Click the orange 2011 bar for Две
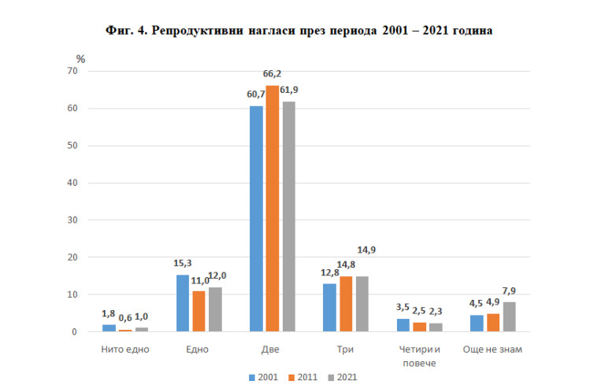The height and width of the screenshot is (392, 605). [272, 209]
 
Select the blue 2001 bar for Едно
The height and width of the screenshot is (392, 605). [183, 303]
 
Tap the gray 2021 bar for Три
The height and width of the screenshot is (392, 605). [362, 304]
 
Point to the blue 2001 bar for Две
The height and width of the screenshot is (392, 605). [257, 219]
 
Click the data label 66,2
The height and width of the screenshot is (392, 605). [273, 74]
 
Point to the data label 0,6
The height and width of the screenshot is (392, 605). [125, 319]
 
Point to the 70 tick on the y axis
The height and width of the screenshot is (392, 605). [72, 71]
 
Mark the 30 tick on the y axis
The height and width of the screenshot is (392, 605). [72, 220]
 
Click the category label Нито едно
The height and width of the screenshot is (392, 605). [125, 348]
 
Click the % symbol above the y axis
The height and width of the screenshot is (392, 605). [80, 58]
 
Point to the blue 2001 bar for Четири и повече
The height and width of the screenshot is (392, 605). [403, 325]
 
